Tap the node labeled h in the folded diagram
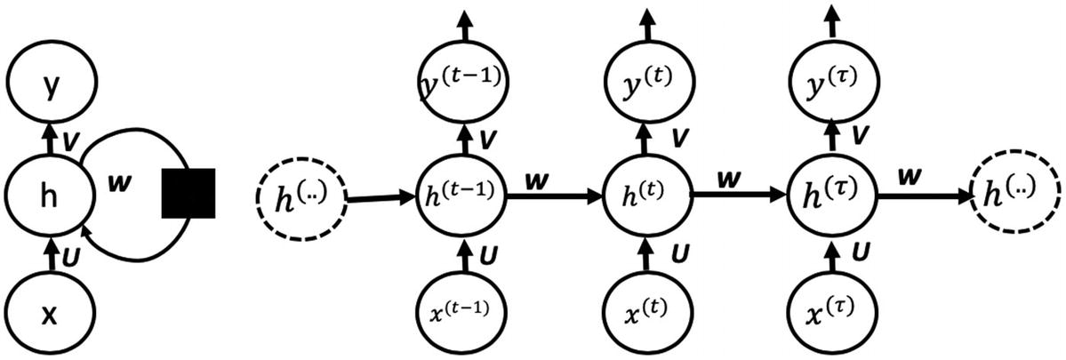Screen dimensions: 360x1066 tap(50, 195)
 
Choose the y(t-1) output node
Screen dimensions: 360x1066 tap(461, 82)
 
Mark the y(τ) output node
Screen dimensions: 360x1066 tap(832, 82)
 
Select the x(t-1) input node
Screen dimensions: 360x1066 tap(461, 312)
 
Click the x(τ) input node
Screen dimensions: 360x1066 tap(832, 312)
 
